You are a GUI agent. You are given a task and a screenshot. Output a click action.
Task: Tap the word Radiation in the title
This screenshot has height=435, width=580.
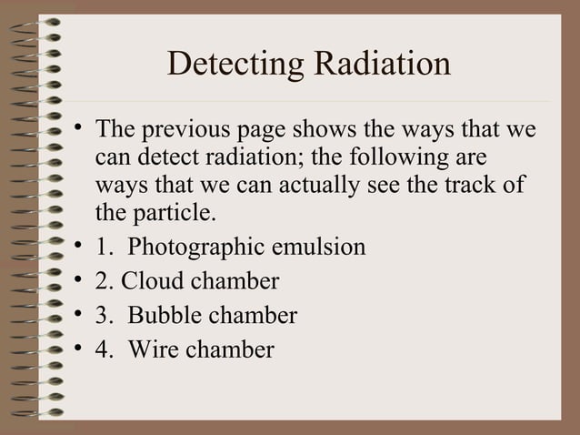[x=382, y=64]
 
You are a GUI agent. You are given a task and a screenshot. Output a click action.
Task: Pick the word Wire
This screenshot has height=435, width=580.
[x=153, y=349]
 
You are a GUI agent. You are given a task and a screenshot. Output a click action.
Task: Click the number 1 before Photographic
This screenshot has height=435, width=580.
[x=101, y=248]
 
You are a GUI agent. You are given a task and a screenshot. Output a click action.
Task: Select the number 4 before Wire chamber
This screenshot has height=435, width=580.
[x=101, y=349]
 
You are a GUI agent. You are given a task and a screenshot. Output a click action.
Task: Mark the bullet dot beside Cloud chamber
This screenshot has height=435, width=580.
[x=80, y=281]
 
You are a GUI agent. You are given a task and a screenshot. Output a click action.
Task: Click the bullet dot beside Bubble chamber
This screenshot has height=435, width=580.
[x=80, y=315]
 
